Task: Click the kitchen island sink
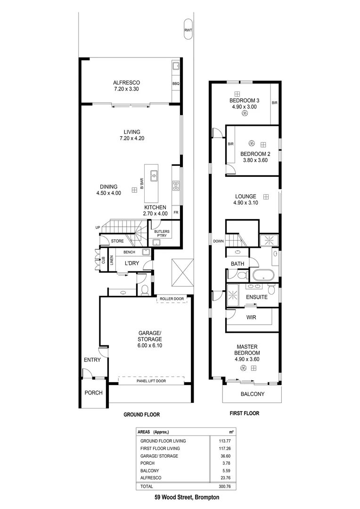click(154, 176)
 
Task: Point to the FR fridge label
click(176, 213)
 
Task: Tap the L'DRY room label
click(132, 263)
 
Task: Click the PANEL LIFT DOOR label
click(151, 381)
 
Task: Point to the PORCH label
click(93, 393)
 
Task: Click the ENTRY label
click(92, 360)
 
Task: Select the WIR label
click(251, 317)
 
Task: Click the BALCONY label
click(253, 394)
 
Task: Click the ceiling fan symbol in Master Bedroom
click(244, 368)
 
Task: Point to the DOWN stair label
click(218, 241)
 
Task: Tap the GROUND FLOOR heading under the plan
click(141, 415)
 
